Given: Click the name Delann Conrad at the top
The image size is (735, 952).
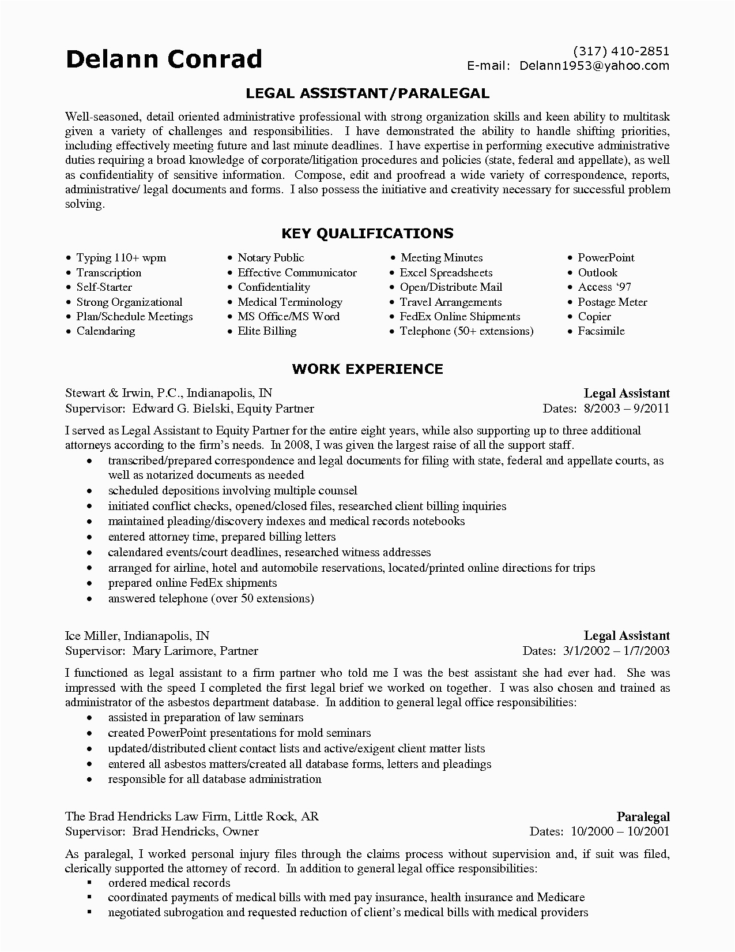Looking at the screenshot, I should [x=164, y=59].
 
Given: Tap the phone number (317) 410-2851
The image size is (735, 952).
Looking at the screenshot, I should [x=621, y=51].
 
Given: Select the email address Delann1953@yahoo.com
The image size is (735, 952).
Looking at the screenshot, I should [x=594, y=66].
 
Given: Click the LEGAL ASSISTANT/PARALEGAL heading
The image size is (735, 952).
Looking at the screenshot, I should [x=367, y=93].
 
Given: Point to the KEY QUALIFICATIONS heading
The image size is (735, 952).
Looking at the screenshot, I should [x=367, y=233].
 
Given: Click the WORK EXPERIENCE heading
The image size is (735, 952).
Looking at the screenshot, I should [x=367, y=369].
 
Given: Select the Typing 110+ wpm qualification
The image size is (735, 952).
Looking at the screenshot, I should [x=121, y=258].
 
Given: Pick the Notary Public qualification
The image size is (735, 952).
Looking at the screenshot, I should [x=270, y=258].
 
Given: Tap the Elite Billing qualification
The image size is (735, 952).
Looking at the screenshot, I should [x=267, y=331].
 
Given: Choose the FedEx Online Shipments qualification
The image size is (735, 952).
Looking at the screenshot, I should [x=459, y=317].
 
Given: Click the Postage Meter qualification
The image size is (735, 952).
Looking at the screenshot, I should [x=612, y=302].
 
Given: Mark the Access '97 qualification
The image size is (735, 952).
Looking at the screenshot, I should [x=604, y=287].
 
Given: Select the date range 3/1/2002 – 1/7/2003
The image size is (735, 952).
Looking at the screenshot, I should [x=615, y=651].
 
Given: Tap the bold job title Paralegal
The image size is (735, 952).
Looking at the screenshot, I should [x=643, y=816].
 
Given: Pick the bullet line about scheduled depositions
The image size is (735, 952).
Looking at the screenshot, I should [x=232, y=491].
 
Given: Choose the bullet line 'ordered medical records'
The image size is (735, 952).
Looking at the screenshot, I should [x=169, y=883].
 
